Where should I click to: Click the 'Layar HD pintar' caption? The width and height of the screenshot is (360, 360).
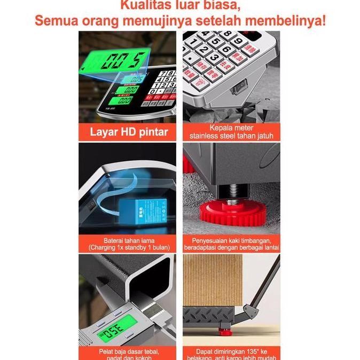pyautogui.click(x=128, y=132)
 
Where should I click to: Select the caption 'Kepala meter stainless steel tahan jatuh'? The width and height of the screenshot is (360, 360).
pyautogui.click(x=231, y=132)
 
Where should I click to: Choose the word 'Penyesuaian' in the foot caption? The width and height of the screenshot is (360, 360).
pyautogui.click(x=204, y=240)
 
